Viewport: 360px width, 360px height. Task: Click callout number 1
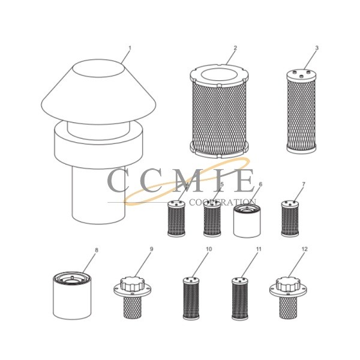[130, 47]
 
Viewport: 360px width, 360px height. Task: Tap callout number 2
[235, 47]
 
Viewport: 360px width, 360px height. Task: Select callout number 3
[317, 47]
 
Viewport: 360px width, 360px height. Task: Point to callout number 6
[260, 185]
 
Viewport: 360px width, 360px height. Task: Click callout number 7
[304, 185]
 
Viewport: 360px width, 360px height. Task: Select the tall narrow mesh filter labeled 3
[301, 114]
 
